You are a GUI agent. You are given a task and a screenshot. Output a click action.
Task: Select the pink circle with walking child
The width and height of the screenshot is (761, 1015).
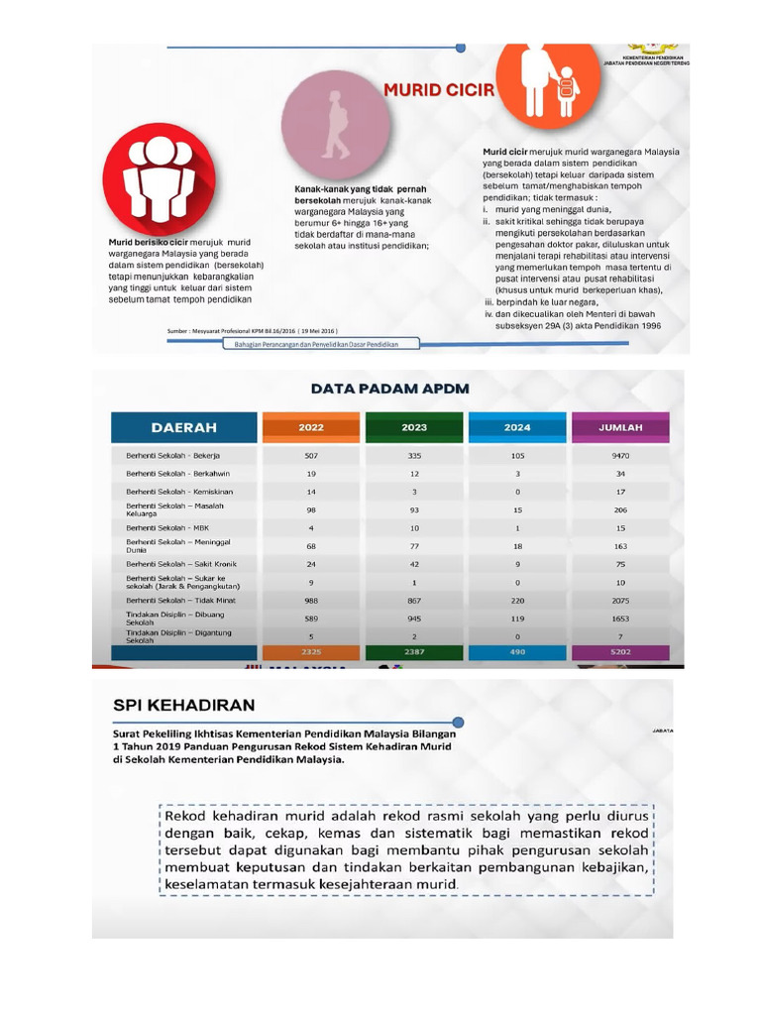[x=335, y=125]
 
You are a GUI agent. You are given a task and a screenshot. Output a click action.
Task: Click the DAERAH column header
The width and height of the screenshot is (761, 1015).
[x=184, y=427]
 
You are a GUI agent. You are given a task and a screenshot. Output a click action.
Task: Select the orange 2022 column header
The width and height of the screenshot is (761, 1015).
[x=311, y=427]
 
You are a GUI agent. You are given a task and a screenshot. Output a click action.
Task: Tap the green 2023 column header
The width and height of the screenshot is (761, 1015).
[x=414, y=427]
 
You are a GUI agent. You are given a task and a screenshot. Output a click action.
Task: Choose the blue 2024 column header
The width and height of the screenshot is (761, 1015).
[x=517, y=427]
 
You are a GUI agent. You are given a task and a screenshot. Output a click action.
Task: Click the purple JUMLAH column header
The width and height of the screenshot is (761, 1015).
[x=621, y=427]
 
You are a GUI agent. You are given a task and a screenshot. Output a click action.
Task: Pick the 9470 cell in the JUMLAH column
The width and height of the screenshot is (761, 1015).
[x=621, y=456]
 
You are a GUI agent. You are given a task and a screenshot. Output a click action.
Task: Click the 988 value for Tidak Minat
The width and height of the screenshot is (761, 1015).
[x=311, y=600]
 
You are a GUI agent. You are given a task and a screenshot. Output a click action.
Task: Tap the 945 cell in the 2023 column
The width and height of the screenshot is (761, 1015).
[x=414, y=618]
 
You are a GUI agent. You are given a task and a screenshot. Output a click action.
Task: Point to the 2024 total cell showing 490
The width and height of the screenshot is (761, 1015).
[x=517, y=651]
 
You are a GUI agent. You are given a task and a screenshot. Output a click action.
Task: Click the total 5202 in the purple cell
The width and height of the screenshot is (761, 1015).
[x=621, y=651]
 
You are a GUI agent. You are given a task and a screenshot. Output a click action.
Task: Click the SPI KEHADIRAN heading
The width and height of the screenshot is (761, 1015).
[x=183, y=706]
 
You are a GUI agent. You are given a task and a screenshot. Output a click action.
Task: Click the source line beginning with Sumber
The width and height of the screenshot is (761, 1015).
[x=255, y=330]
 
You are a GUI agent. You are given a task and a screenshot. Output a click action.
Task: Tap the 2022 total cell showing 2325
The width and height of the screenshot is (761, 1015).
[x=311, y=651]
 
